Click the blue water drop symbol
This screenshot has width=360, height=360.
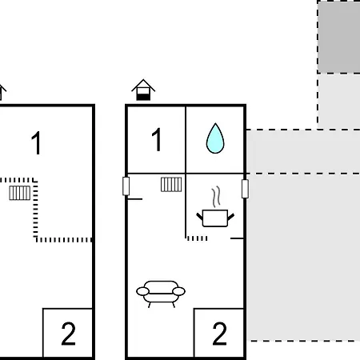[x=215, y=138]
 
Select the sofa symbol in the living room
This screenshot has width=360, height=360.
[x=161, y=294]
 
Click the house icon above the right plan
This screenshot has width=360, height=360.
[x=143, y=90]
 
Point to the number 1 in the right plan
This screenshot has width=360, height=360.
[x=157, y=139]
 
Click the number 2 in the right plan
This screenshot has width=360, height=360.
[x=219, y=334]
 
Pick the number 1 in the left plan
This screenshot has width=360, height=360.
[x=36, y=142]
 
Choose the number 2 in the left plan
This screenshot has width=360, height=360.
[x=68, y=334]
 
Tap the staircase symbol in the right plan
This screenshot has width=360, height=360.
[x=171, y=185]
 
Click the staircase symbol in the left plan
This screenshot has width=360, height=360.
[x=20, y=193]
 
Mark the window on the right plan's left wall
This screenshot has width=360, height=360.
[x=126, y=186]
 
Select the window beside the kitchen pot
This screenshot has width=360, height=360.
[x=245, y=189]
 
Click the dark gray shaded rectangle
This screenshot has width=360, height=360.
[x=338, y=37]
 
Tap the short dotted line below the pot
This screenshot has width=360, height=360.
[x=198, y=238]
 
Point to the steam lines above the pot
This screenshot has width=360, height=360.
[x=217, y=197]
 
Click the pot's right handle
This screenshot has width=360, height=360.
[x=231, y=217]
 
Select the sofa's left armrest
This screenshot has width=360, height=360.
[x=143, y=291]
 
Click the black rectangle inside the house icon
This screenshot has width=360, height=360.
[x=143, y=97]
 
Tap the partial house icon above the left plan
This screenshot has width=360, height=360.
[x=2, y=92]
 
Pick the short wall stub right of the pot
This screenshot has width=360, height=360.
[x=237, y=238]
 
